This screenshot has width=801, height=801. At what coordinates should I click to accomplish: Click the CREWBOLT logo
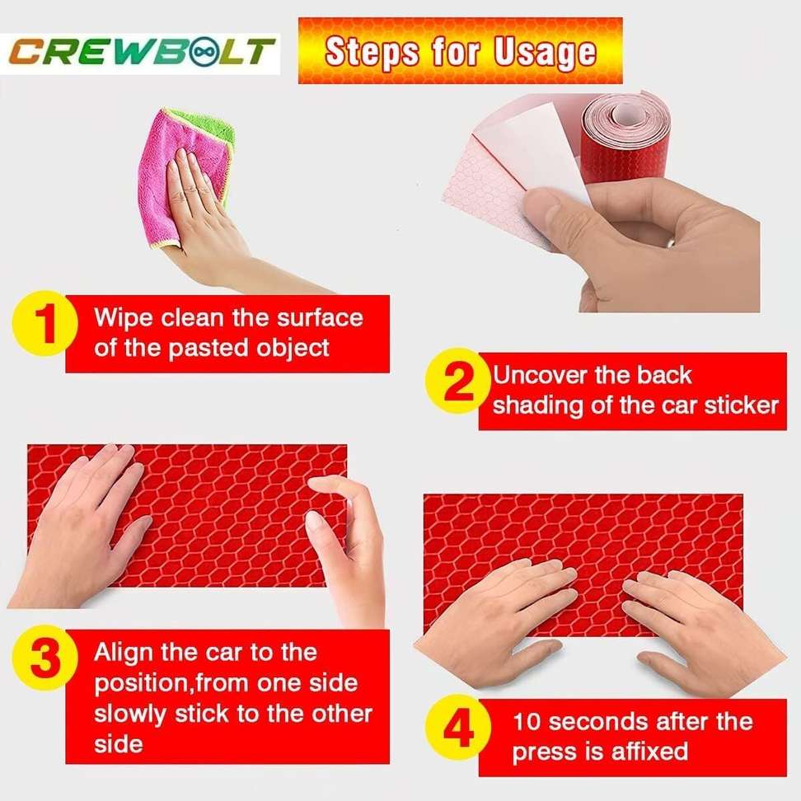[140, 51]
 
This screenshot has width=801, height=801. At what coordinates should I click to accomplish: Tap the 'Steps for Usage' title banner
[460, 51]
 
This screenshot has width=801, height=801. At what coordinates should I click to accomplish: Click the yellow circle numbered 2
[458, 385]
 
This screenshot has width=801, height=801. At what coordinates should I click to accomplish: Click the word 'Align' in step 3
[124, 653]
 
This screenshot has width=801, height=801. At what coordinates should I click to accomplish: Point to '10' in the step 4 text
[527, 723]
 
